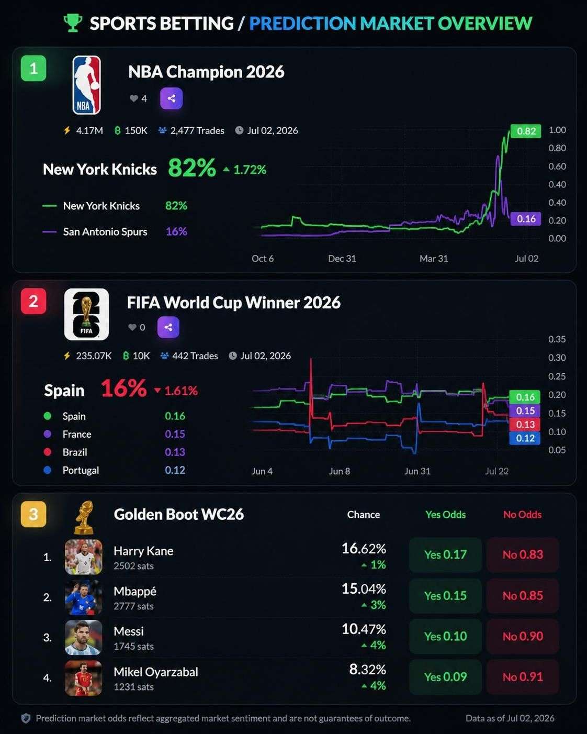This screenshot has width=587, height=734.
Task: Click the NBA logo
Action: coord(86,85)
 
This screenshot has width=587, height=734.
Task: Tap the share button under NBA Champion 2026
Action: coord(172,98)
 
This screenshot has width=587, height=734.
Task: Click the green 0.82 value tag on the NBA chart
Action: coord(526,131)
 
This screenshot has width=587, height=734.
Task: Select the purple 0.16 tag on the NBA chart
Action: coord(526,219)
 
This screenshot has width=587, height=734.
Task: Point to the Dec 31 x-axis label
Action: coord(342,259)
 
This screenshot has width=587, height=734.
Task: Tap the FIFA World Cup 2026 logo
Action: coord(86,314)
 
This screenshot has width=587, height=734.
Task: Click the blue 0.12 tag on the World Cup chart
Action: coord(525,438)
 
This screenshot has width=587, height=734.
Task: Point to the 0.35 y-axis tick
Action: coord(557,339)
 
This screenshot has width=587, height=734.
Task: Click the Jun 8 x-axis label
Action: coord(340,471)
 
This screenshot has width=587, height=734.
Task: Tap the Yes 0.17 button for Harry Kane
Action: coord(445,554)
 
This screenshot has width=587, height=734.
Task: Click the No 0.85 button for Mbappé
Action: coord(523,595)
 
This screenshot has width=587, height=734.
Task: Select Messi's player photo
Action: coord(84,638)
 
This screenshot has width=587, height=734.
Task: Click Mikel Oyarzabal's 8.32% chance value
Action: coord(367,669)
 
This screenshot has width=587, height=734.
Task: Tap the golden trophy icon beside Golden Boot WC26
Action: coord(84,517)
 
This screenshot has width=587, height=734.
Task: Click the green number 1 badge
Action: coord(33,68)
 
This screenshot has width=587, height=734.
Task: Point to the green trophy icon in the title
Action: coord(73,23)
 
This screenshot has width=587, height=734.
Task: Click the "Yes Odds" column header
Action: coord(446,514)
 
